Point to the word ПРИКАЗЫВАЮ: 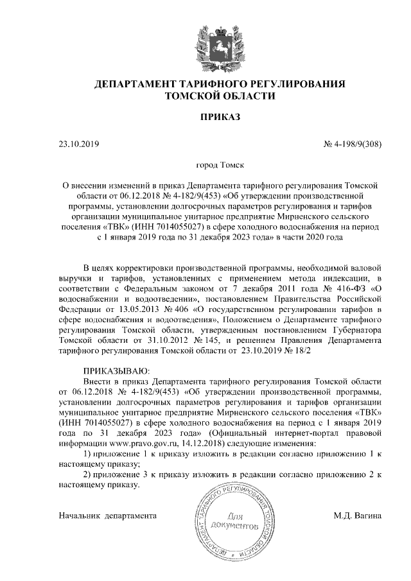(116, 370)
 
